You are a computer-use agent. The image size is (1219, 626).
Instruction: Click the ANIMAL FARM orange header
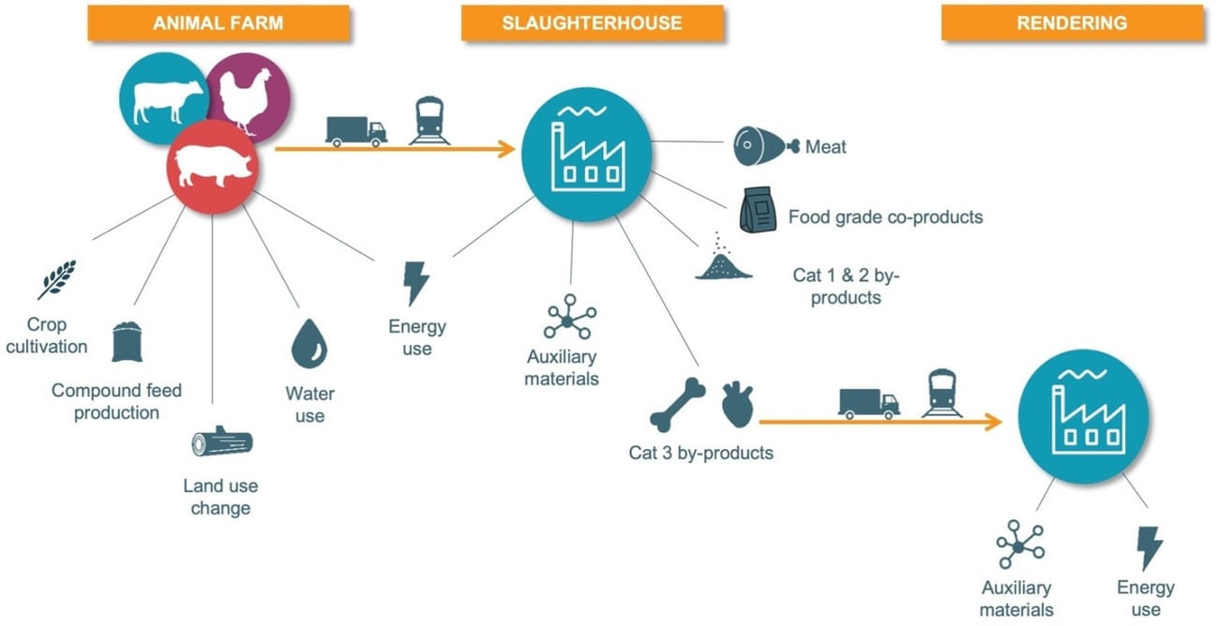pyautogui.click(x=218, y=23)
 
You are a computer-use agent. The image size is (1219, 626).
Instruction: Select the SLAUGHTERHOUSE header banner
pyautogui.click(x=592, y=23)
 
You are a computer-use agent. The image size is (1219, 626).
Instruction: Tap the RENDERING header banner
pyautogui.click(x=1072, y=23)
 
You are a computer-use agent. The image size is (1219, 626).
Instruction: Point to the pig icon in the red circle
pyautogui.click(x=214, y=166)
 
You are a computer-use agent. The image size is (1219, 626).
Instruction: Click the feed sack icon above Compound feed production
pyautogui.click(x=127, y=342)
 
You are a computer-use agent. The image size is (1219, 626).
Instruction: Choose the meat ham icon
pyautogui.click(x=765, y=145)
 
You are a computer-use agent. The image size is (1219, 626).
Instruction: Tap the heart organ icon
pyautogui.click(x=737, y=404)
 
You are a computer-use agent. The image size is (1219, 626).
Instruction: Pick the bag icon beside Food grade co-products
pyautogui.click(x=757, y=211)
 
